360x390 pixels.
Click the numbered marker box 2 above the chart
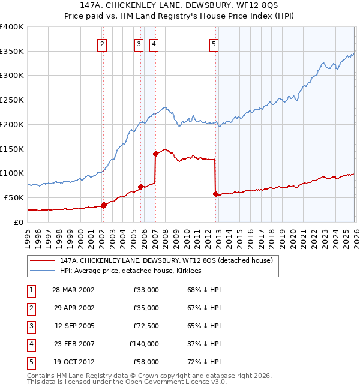103,43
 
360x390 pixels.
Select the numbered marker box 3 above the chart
139,43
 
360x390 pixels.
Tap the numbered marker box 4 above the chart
154,43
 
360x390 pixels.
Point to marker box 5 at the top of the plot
214,43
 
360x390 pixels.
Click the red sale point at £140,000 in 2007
155,154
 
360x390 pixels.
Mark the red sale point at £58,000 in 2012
215,194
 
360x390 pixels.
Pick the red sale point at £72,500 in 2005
140,187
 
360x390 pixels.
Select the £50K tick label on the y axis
14,197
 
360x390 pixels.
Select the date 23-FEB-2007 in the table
74,344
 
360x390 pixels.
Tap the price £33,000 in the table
146,289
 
